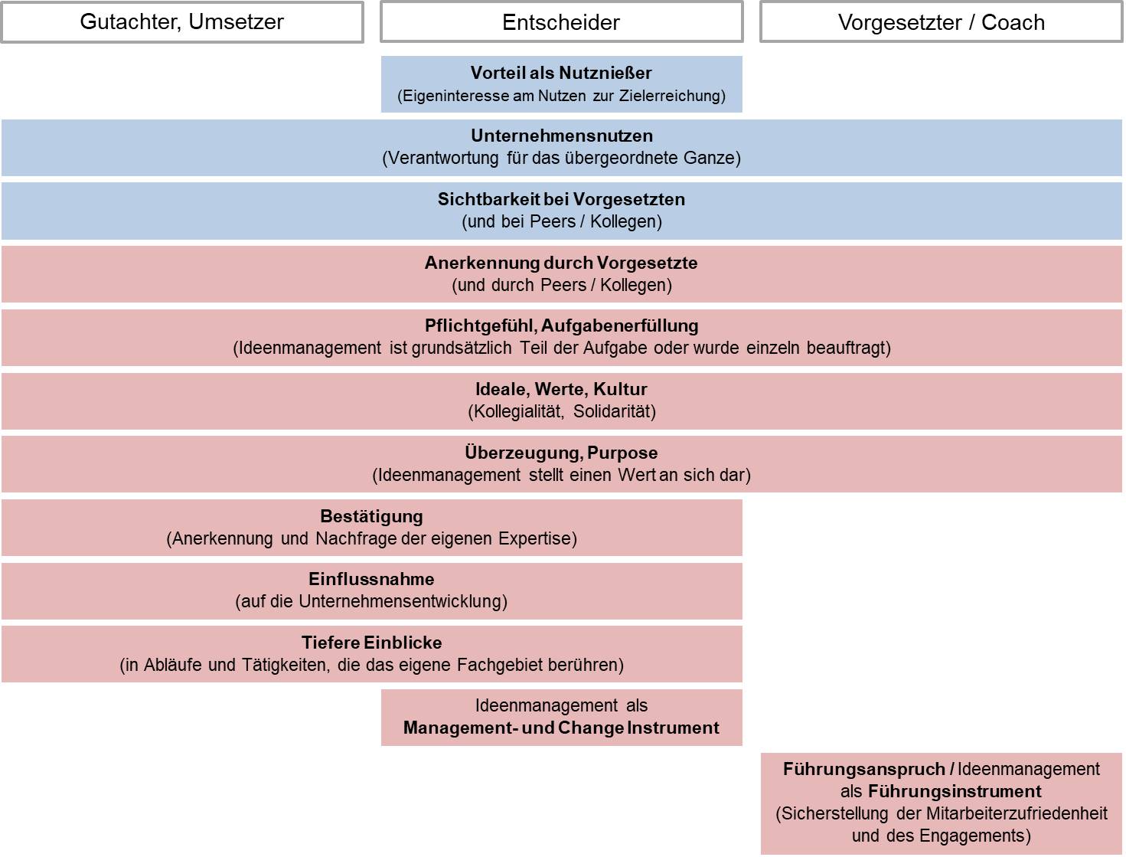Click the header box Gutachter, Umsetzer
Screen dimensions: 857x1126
click(181, 22)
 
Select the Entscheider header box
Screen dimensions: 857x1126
click(561, 22)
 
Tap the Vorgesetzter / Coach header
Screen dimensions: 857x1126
click(941, 22)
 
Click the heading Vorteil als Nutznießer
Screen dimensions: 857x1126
click(561, 74)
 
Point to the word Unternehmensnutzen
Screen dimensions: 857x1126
click(561, 136)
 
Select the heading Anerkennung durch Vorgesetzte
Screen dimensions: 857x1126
click(561, 263)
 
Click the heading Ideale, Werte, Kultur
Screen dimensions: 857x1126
click(561, 390)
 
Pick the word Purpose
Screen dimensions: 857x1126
click(622, 453)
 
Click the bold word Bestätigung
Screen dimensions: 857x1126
click(371, 517)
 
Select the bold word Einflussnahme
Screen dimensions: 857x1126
click(371, 580)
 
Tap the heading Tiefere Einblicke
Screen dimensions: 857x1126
click(371, 643)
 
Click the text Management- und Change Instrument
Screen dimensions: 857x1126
click(561, 728)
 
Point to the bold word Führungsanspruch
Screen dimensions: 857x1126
click(864, 770)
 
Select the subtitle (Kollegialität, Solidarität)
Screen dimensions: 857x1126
click(561, 412)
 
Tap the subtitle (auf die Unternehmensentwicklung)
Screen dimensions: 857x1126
click(371, 602)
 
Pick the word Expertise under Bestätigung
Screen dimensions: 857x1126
click(535, 539)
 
